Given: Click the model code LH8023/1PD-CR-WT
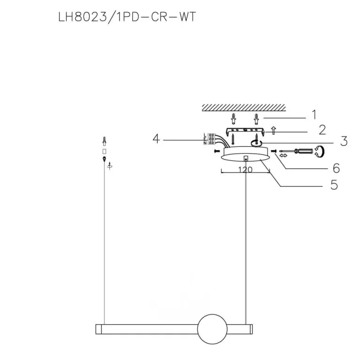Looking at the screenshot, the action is [127, 17].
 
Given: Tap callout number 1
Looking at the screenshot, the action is [314, 115].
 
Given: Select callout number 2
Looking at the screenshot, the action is [322, 130].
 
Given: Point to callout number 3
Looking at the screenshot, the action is [344, 141].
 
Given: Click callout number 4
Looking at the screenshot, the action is [156, 139].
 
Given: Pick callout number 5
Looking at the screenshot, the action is [334, 185].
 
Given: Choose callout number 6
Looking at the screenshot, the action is [337, 168].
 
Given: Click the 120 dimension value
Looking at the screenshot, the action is [245, 169].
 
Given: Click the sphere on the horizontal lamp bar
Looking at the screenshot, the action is [212, 329].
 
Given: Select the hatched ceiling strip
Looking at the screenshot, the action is [244, 107].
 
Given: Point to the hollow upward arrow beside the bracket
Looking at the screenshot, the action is [273, 130].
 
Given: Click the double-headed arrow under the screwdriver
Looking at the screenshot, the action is [283, 156].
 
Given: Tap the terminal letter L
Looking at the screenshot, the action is [205, 135].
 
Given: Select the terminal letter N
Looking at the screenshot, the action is [205, 143].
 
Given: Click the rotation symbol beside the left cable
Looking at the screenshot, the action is [110, 166].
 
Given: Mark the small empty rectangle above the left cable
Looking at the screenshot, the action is [104, 152].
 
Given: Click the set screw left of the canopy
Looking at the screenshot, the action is [216, 151].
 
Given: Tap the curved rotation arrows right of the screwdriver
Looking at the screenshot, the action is [320, 152].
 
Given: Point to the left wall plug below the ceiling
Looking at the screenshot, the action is [233, 119].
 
